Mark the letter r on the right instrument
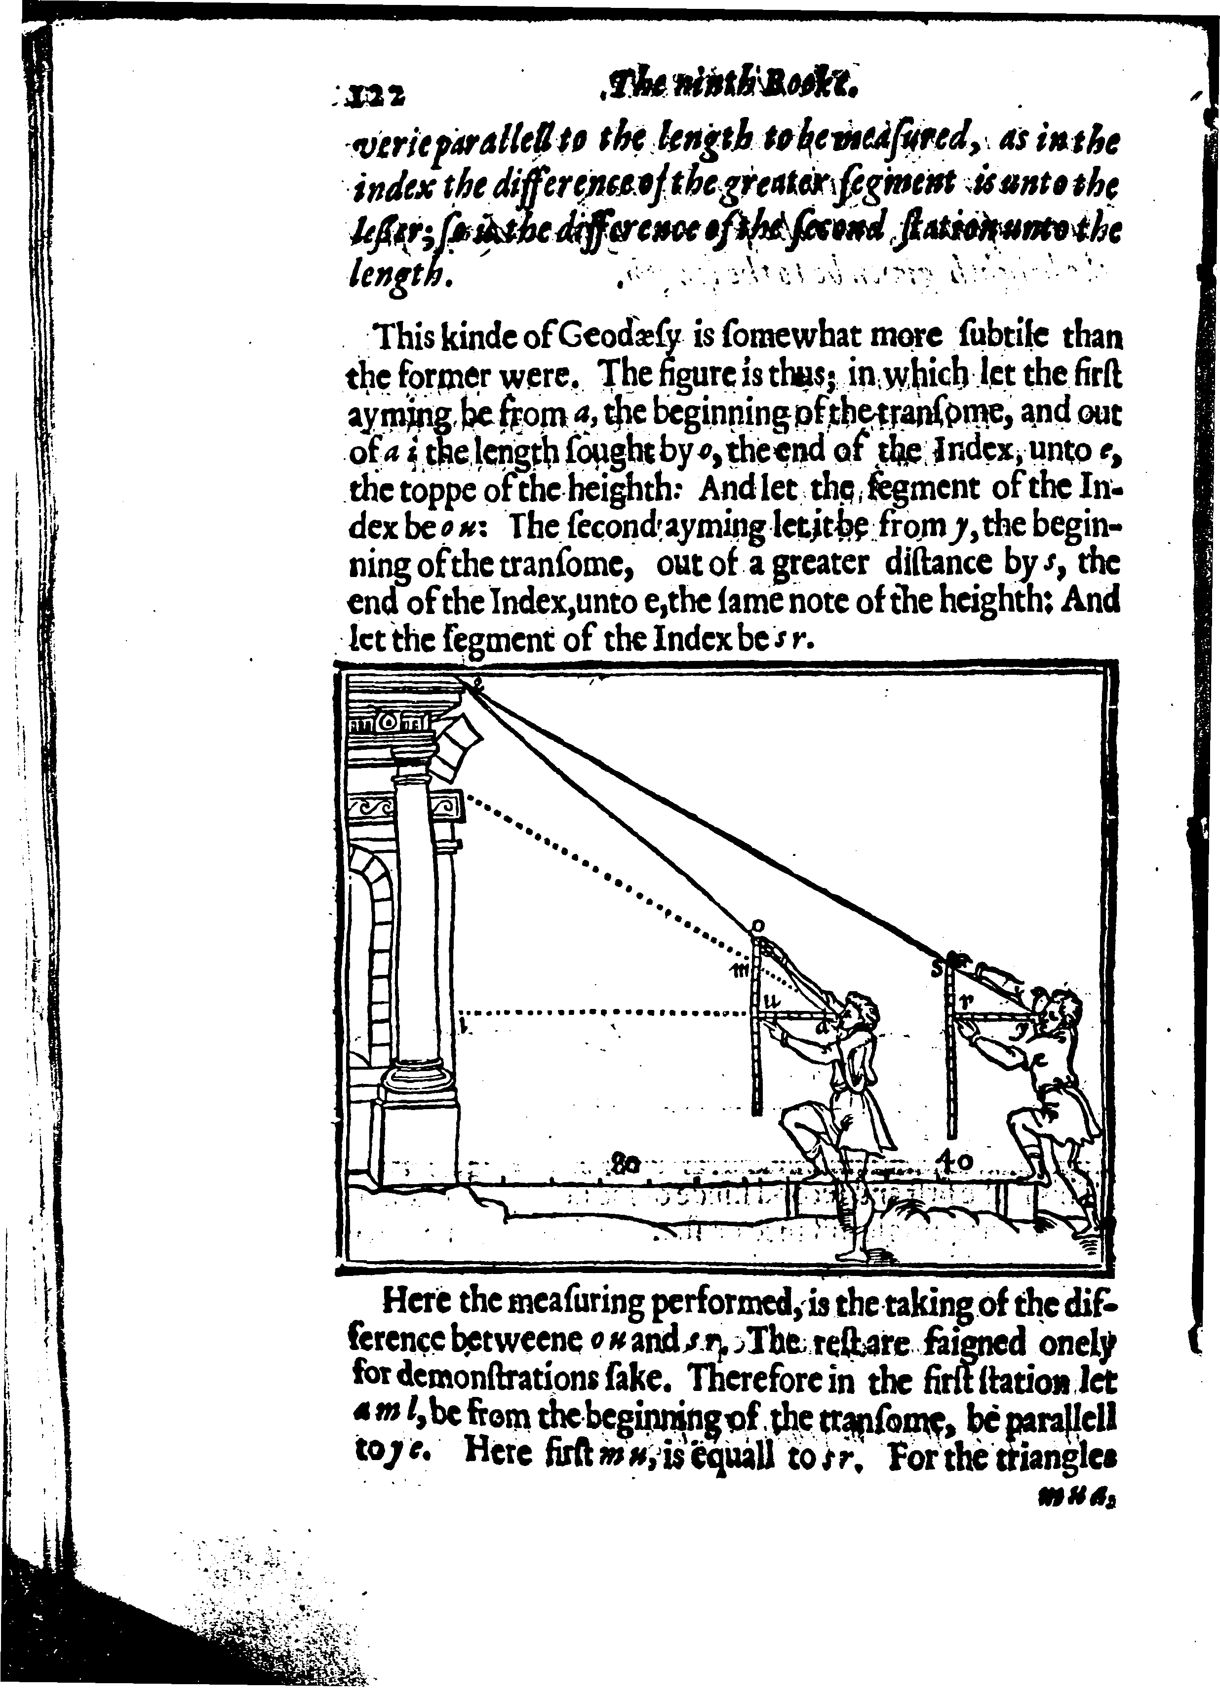[x=966, y=1000]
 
